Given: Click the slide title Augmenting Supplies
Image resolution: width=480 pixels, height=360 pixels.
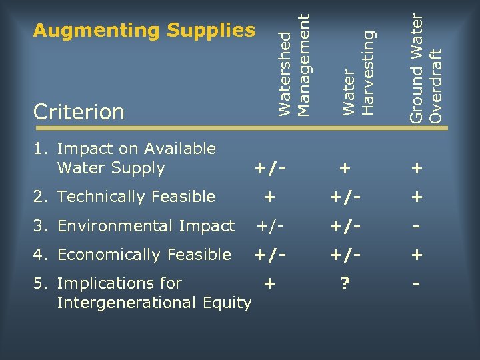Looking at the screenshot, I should click(x=144, y=31).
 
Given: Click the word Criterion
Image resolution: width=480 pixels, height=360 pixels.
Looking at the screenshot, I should click(x=79, y=112).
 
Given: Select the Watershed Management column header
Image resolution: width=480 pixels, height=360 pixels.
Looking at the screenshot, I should click(x=294, y=63).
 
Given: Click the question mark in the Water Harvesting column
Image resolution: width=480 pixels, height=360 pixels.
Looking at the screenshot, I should click(x=345, y=284).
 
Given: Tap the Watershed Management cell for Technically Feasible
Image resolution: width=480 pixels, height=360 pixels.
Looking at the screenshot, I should click(x=269, y=197).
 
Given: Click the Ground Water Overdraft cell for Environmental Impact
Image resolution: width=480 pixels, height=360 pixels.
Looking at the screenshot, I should click(x=417, y=227).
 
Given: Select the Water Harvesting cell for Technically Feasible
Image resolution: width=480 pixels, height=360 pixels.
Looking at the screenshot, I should click(x=345, y=197).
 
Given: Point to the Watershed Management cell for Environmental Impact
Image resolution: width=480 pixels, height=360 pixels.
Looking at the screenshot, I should click(x=269, y=227).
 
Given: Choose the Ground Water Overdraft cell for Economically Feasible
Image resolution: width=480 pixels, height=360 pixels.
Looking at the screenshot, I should click(x=417, y=255).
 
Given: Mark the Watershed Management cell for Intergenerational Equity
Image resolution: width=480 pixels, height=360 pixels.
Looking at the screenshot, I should click(x=269, y=284).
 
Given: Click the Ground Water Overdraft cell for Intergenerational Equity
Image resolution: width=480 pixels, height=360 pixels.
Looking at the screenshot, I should click(x=417, y=284).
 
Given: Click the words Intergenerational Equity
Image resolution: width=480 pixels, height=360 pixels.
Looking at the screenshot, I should click(x=154, y=303).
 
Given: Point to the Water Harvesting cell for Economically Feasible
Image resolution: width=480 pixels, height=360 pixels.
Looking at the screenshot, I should click(x=345, y=255).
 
